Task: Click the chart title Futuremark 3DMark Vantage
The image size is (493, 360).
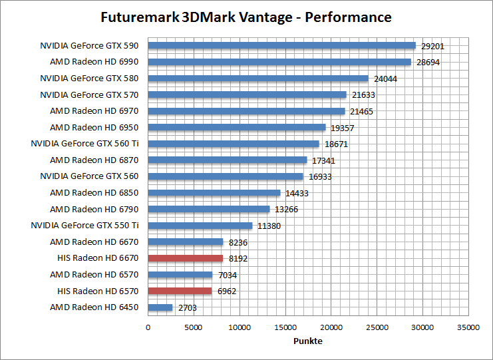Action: [x=246, y=17]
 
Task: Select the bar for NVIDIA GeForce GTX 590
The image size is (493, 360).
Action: [x=281, y=46]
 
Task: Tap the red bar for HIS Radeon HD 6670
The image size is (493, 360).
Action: [x=185, y=258]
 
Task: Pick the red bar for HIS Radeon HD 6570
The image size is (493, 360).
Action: [x=180, y=291]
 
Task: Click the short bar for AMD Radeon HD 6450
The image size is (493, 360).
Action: [x=160, y=307]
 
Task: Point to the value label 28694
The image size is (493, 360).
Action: [x=428, y=63]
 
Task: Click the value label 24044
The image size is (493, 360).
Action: [x=386, y=79]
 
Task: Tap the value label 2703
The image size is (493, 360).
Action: [x=186, y=307]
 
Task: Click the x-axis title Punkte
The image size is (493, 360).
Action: [x=308, y=341]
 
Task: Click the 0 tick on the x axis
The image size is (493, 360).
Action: [x=148, y=327]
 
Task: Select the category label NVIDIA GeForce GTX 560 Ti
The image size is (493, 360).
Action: [x=84, y=144]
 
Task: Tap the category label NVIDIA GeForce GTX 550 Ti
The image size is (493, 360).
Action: [x=84, y=226]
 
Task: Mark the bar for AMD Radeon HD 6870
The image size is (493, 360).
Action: [x=227, y=160]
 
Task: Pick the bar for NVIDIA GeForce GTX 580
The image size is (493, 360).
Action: [x=258, y=79]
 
